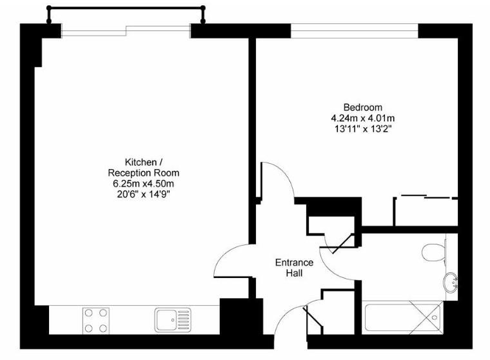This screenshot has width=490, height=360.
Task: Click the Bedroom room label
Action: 362,107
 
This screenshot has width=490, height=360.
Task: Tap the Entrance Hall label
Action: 294,268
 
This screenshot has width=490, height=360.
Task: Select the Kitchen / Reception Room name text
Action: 142,168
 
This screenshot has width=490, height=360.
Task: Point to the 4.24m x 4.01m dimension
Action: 362,118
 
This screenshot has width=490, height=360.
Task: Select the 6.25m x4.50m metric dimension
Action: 142,183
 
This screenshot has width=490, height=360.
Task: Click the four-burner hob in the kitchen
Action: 95,320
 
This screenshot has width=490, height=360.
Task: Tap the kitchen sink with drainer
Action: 173,319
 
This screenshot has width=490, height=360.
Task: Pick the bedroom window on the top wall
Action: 355,30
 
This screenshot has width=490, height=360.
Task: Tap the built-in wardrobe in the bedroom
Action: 426,211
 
